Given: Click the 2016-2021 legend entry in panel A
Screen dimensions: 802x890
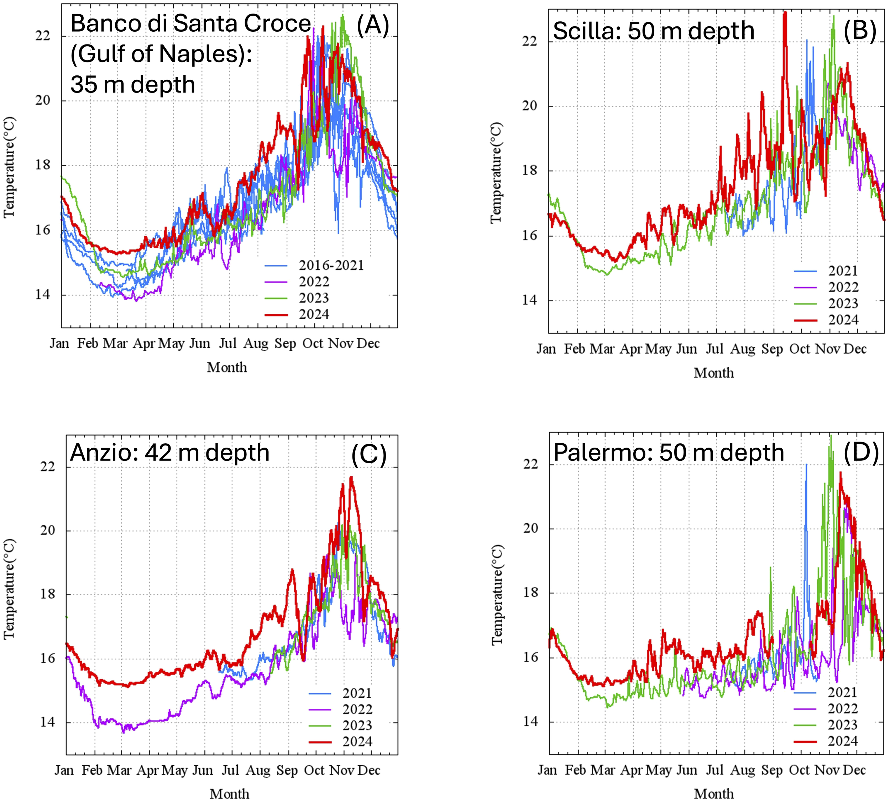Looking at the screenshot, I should coord(331,265).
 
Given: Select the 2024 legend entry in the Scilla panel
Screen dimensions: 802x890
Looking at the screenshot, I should coord(843,320).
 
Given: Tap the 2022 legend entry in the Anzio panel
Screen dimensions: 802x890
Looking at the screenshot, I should coord(357,709).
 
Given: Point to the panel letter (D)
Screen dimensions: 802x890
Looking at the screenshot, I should coord(860,452).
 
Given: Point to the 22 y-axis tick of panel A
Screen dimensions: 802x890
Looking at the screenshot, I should coord(43,36).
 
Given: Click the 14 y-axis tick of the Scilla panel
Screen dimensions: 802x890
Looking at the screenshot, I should coord(530,301).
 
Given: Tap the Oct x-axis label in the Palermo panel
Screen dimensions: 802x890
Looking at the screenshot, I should coord(799,770).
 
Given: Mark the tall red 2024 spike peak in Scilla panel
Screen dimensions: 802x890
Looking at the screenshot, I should coord(785,13).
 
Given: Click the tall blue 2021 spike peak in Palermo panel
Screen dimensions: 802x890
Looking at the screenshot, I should coord(806,465).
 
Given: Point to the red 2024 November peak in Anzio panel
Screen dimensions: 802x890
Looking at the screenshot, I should coord(351,477).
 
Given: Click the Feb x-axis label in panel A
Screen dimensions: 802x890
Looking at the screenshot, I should coord(87,343).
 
